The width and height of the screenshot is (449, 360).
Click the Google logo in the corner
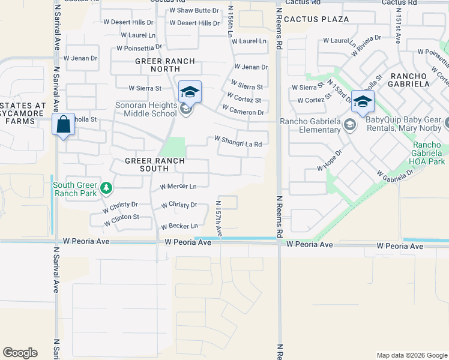pyautogui.click(x=20, y=353)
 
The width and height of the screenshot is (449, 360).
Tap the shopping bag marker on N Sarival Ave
pyautogui.click(x=63, y=125)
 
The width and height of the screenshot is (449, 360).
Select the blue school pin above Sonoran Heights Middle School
pyautogui.click(x=190, y=92)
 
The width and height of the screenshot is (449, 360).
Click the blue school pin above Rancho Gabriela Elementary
pyautogui.click(x=363, y=101)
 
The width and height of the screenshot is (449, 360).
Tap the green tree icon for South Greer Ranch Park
pyautogui.click(x=106, y=188)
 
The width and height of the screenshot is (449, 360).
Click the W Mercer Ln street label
pyautogui.click(x=178, y=187)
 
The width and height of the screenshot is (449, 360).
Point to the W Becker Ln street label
pyautogui.click(x=179, y=226)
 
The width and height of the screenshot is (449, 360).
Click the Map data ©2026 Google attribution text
pyautogui.click(x=412, y=355)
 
